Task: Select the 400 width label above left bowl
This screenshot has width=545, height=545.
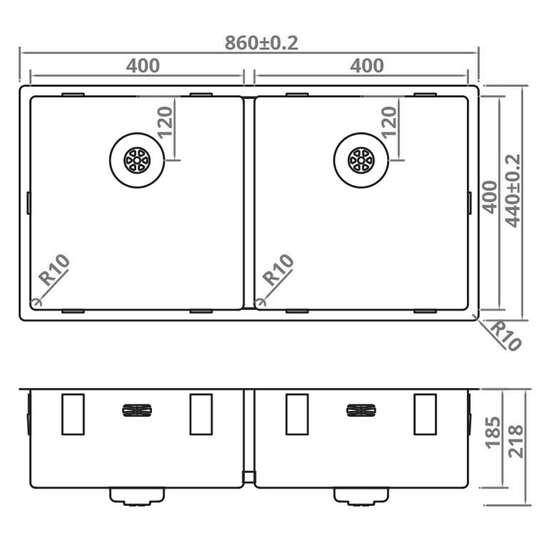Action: click(x=143, y=65)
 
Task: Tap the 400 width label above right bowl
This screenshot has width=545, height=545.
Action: click(x=366, y=65)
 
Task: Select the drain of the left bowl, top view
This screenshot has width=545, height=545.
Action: click(x=136, y=160)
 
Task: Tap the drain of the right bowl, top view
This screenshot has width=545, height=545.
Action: click(x=361, y=160)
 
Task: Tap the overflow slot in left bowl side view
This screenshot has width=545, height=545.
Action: click(x=137, y=411)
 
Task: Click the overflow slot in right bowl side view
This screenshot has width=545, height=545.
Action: click(x=361, y=411)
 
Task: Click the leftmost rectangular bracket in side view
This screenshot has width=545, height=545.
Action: click(x=73, y=414)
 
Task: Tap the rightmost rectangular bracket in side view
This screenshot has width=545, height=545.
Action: click(x=425, y=414)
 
